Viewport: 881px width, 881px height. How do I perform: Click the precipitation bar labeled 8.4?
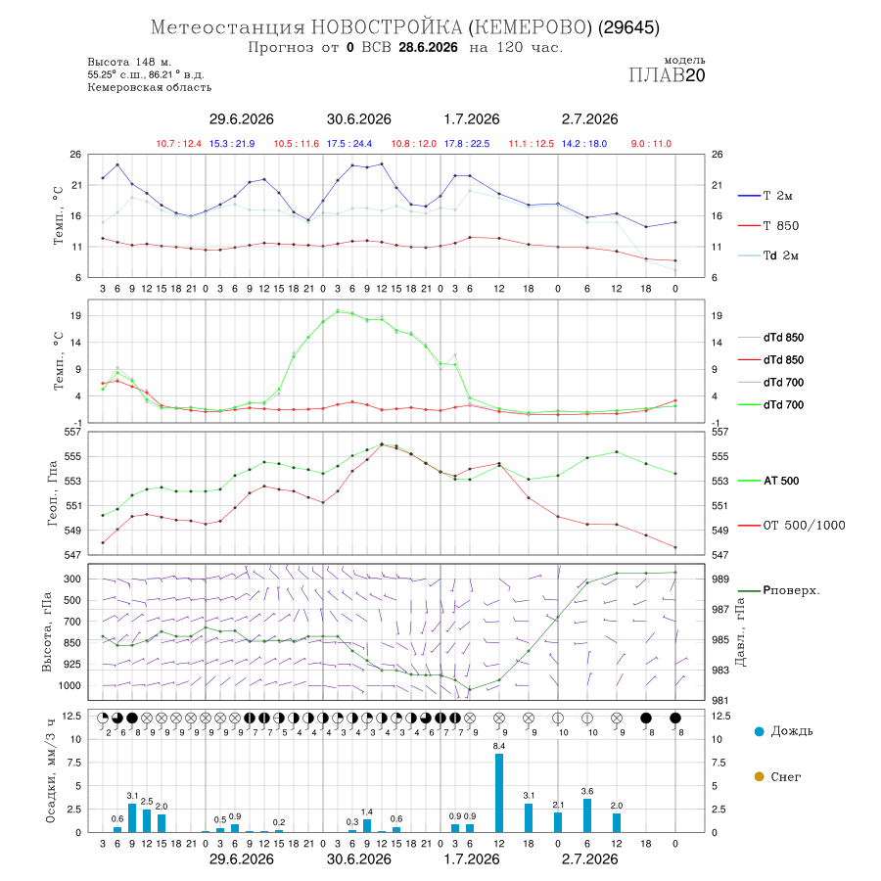coord(499,793)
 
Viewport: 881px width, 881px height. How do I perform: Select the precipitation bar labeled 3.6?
coord(587,815)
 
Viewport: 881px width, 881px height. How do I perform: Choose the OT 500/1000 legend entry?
coord(791,526)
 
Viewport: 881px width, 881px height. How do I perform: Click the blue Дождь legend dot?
coord(759,731)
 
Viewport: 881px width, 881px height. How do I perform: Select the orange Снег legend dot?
coord(759,777)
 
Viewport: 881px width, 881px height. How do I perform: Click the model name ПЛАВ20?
coord(667,75)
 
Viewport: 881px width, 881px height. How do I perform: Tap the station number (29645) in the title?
coord(628,27)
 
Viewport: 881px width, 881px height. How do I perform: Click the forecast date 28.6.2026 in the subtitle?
coord(428,48)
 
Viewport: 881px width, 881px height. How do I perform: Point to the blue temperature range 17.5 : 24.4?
coord(348,144)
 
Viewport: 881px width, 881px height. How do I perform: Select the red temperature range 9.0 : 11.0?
coord(651,144)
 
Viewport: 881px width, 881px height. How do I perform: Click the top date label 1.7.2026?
coord(472,119)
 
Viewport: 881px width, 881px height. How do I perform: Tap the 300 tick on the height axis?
coord(72,579)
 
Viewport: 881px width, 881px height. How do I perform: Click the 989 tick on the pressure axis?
coord(720,580)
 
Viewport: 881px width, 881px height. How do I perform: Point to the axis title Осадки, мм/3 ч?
coord(51,771)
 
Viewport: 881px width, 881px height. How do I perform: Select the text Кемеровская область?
coord(150,87)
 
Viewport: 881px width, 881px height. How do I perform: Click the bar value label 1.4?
coord(367,811)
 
